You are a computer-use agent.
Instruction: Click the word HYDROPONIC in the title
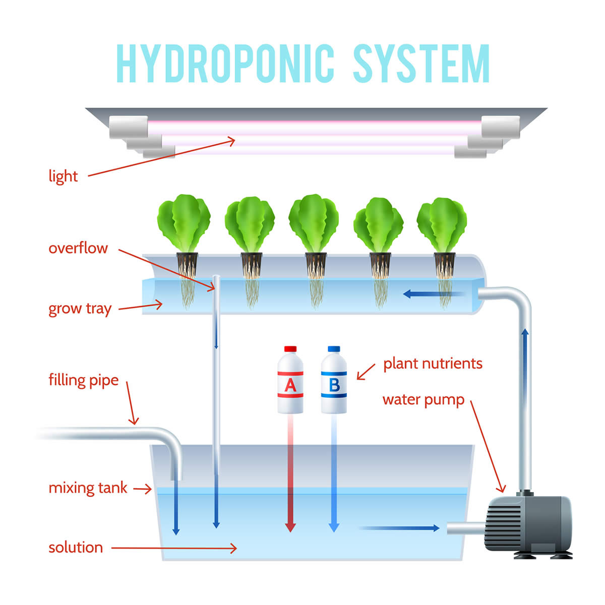(x=225, y=63)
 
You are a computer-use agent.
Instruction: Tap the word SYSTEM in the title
(x=421, y=63)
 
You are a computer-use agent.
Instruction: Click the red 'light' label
(x=63, y=176)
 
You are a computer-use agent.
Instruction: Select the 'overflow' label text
(x=78, y=248)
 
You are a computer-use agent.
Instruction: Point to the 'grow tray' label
(x=80, y=309)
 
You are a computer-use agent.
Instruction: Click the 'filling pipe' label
(x=84, y=380)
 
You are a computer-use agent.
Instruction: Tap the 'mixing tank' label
(x=88, y=488)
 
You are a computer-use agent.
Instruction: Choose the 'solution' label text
(x=76, y=548)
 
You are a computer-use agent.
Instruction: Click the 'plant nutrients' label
(x=433, y=364)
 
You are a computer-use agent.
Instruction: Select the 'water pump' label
(x=423, y=400)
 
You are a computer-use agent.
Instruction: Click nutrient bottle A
(x=290, y=380)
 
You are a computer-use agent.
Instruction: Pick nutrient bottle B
(x=334, y=380)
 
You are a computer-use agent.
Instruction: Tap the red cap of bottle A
(x=290, y=349)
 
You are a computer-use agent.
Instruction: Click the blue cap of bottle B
(x=334, y=349)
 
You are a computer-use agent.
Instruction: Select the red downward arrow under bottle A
(x=290, y=473)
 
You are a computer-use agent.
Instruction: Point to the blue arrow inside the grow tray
(x=434, y=294)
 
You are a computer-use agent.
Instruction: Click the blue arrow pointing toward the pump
(x=399, y=528)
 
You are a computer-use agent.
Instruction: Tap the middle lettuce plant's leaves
(x=314, y=222)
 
